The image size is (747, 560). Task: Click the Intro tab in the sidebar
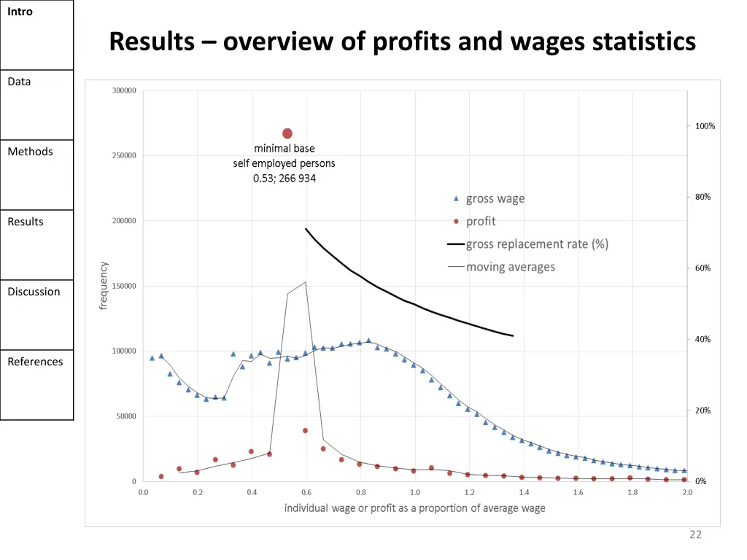coord(20,12)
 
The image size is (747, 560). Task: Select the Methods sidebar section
coord(31,152)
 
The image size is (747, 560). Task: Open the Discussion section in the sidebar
coord(34,292)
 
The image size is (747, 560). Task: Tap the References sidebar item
coord(35,362)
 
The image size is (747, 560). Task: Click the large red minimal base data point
coord(287,133)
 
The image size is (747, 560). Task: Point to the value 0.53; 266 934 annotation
coord(285,179)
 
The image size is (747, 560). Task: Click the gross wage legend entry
coord(495,199)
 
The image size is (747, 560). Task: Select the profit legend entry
coord(481,221)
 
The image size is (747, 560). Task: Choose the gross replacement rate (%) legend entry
coord(537,244)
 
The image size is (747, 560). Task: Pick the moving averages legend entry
coord(510,267)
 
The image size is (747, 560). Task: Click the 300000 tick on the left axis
coord(124,91)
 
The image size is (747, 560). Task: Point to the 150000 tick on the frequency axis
coord(124,286)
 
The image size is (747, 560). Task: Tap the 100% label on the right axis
coord(705,126)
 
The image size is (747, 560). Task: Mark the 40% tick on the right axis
coord(703,340)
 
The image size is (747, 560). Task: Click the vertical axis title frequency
coord(104,286)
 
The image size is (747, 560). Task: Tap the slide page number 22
coord(695,535)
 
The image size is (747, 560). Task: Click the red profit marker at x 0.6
coord(306,430)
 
